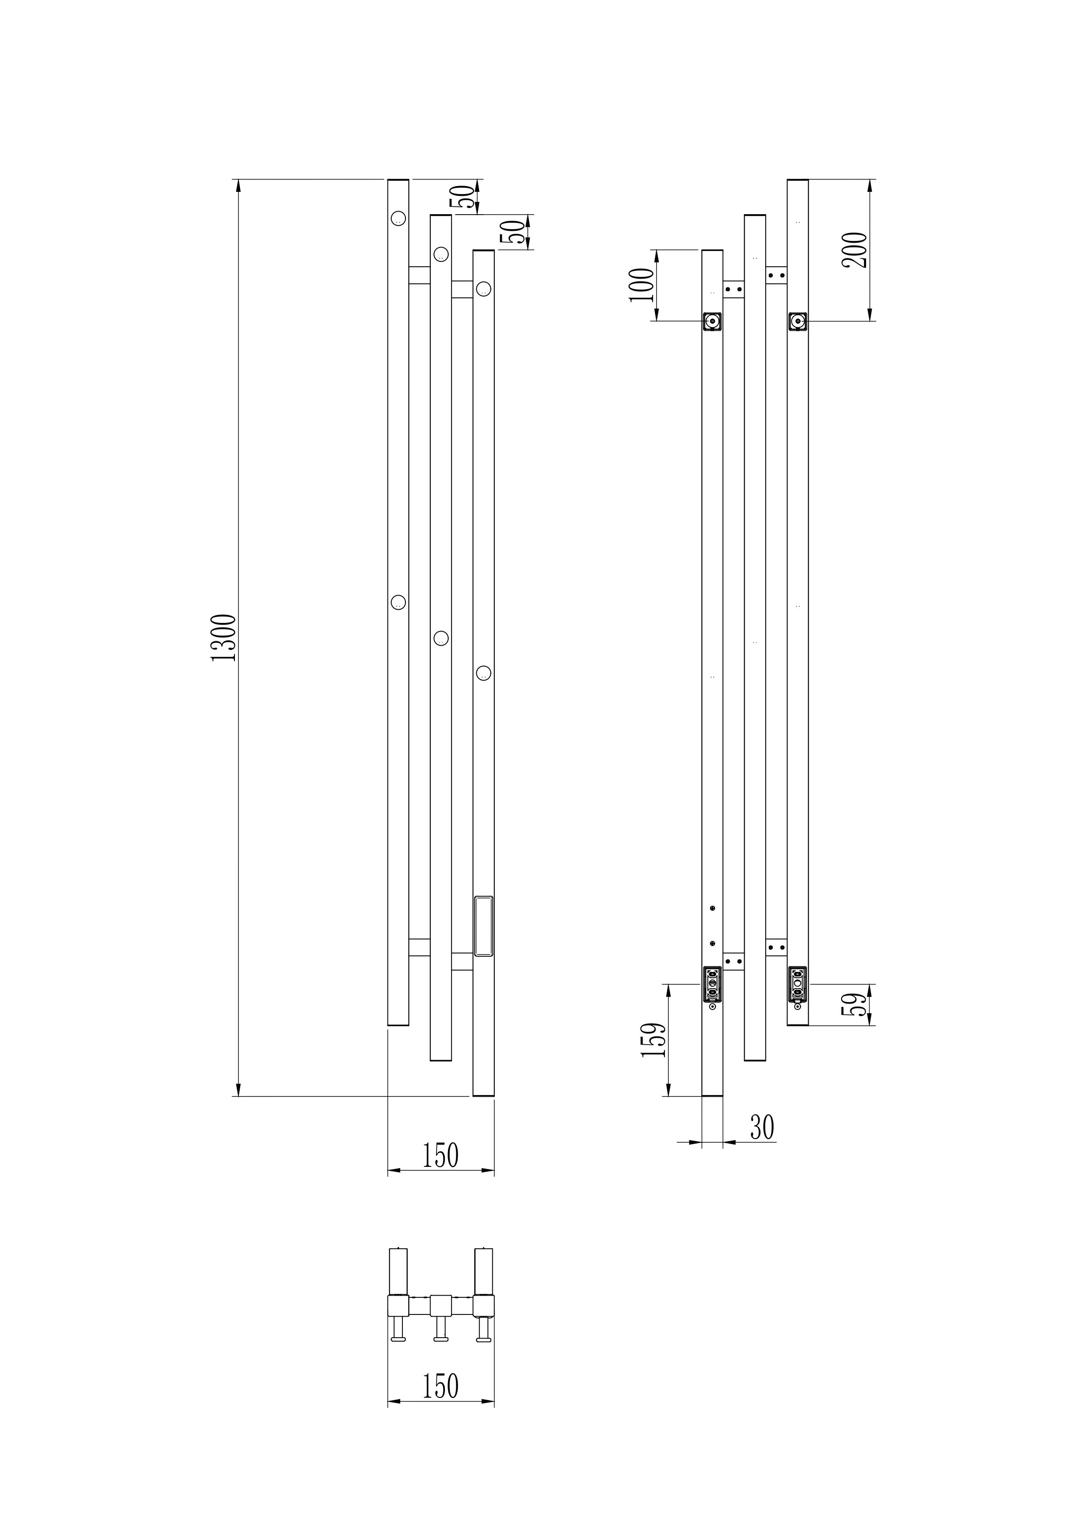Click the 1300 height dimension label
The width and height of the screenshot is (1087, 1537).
224,637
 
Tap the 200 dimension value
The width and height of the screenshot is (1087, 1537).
855,250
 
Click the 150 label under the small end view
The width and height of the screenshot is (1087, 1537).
440,1386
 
